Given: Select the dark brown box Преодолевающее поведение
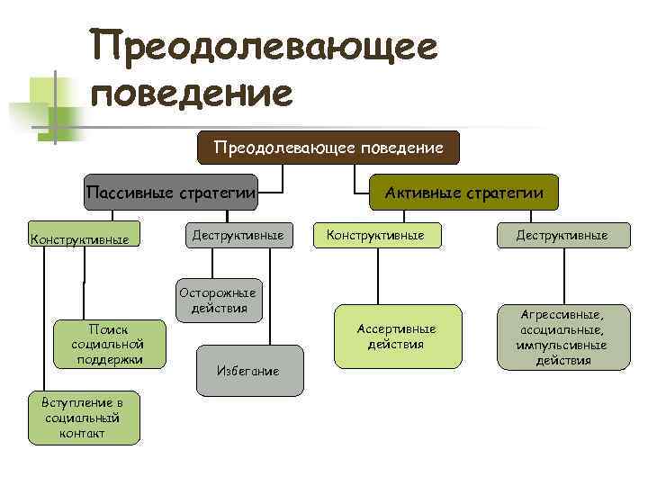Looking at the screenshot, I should coord(328,147).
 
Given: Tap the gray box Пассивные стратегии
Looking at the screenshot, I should coord(171,192).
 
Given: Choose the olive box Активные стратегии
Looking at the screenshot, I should coord(463,192).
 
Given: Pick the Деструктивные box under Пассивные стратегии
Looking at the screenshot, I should coord(238,235).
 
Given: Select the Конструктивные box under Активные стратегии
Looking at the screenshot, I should coord(375,235).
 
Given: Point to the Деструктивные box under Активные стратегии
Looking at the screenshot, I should coord(562,235).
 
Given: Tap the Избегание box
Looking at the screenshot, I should coord(247,371).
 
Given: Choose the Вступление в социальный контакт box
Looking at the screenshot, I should coord(84,418).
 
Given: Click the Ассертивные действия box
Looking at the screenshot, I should coord(398,336).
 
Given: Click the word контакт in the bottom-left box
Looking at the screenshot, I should coord(84,433).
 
